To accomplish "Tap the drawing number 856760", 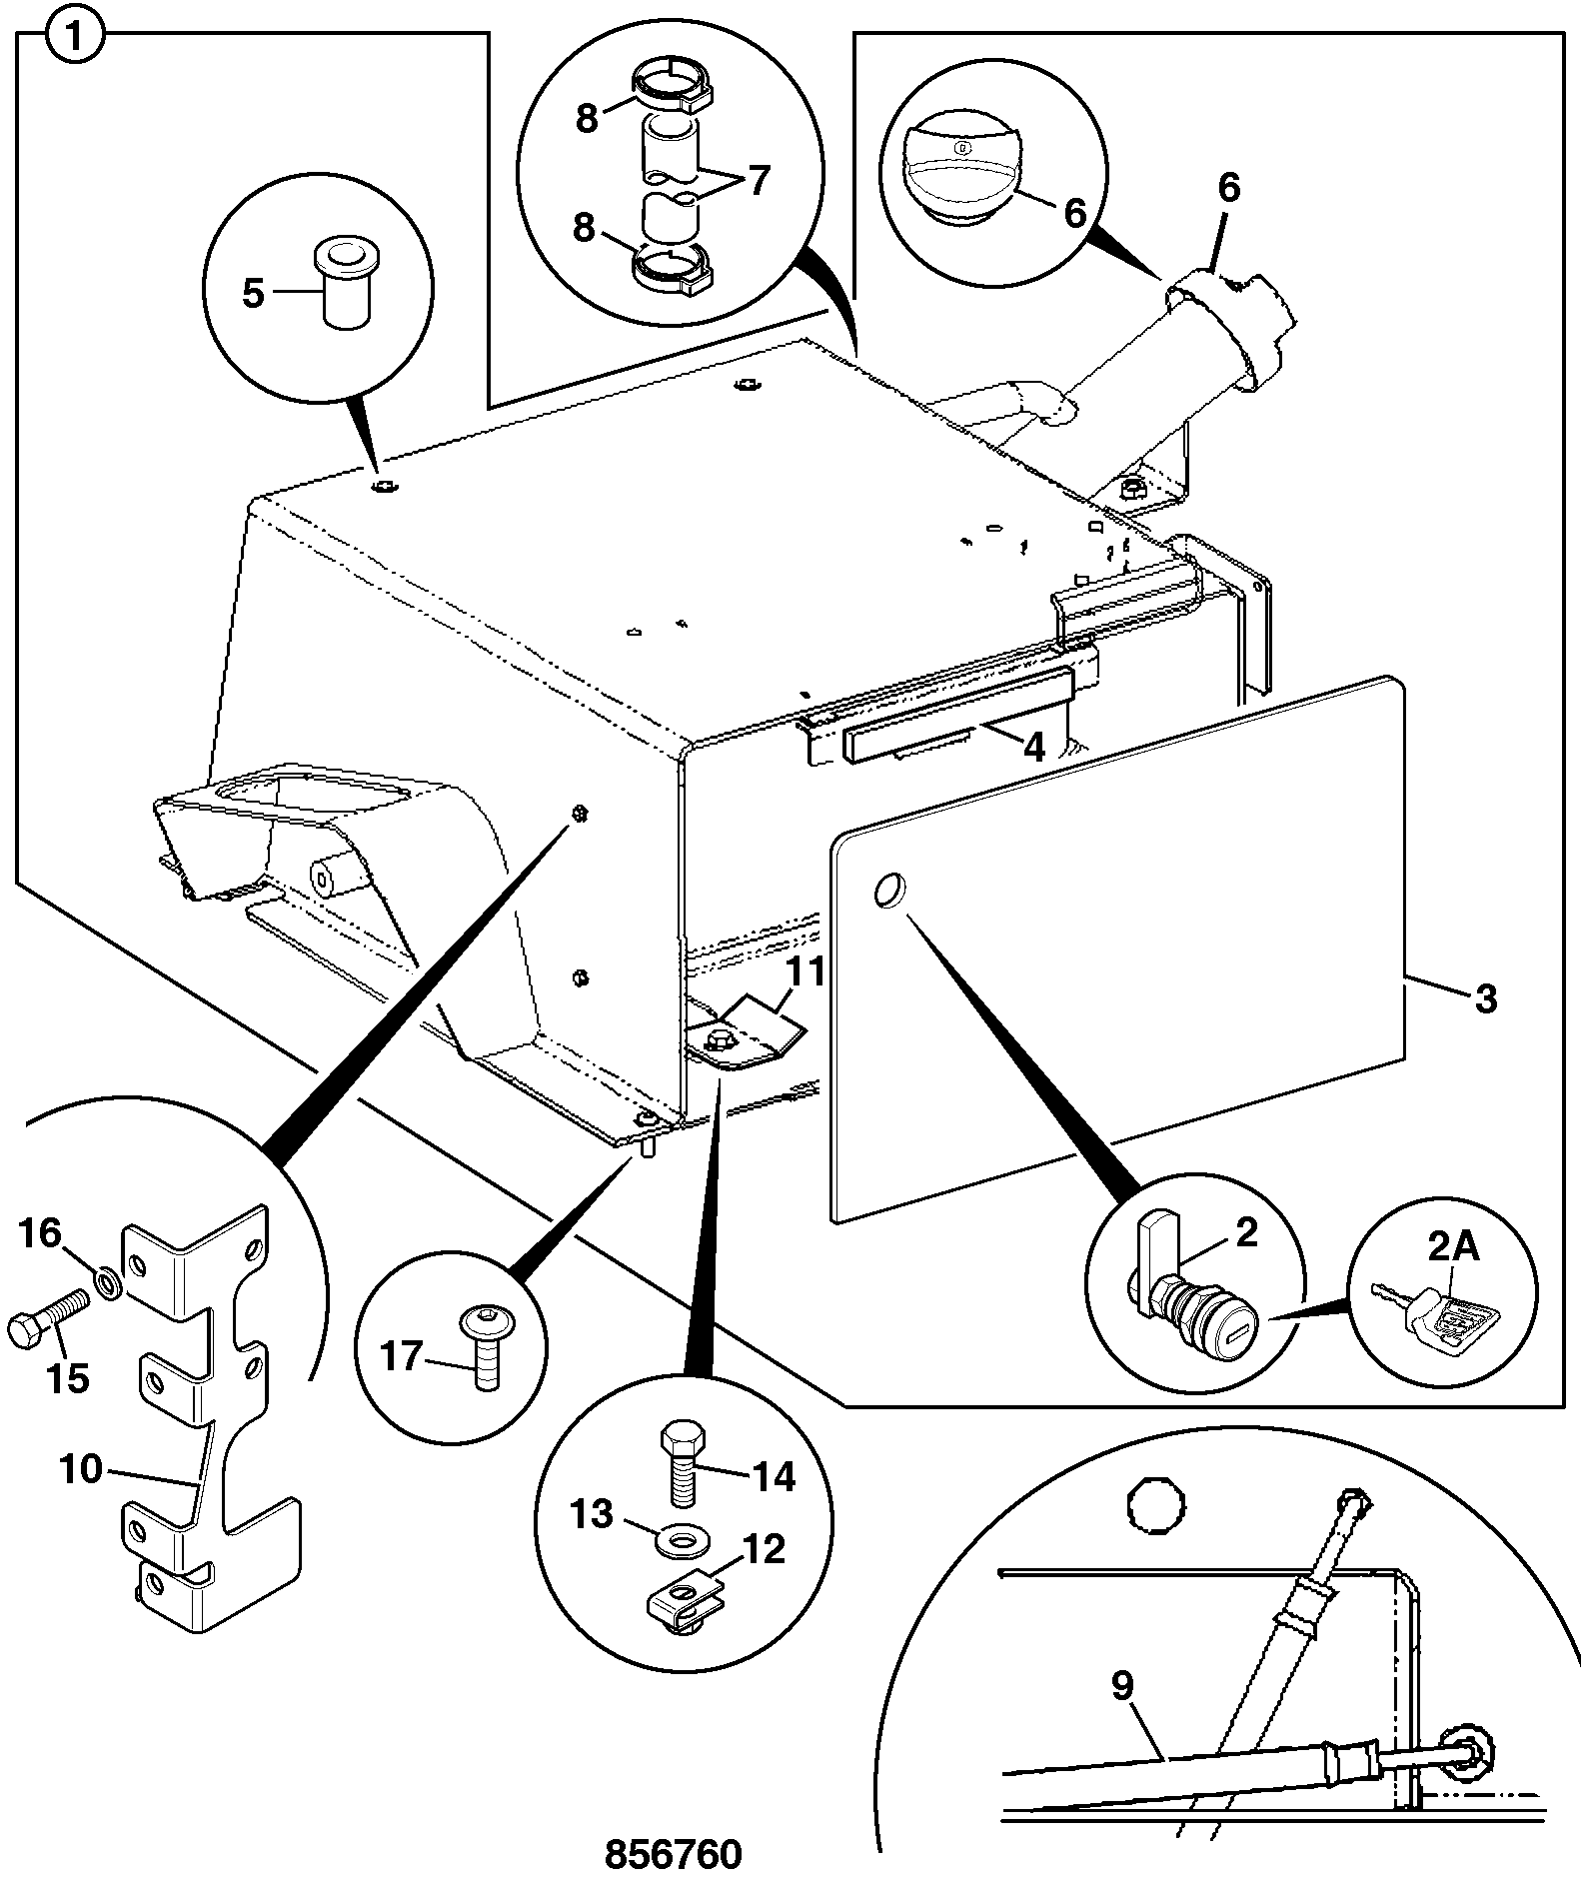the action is tap(674, 1854).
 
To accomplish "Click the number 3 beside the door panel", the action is tap(1486, 998).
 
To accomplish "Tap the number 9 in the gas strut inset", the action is tap(1122, 1686).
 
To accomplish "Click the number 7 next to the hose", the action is tap(759, 181).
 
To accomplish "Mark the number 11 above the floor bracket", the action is tap(804, 970).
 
